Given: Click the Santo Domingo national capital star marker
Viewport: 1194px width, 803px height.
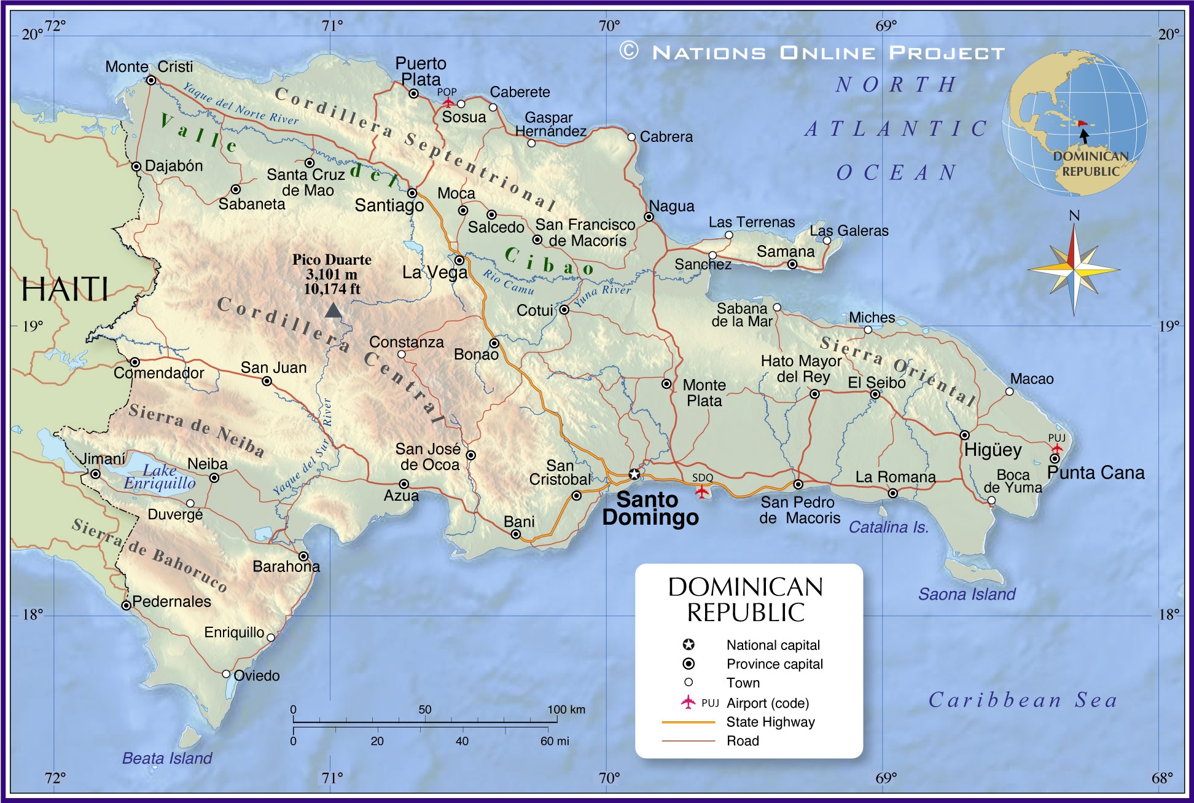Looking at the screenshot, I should click(634, 474).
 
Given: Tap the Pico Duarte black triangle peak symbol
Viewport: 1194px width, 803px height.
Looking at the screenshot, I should click(333, 310).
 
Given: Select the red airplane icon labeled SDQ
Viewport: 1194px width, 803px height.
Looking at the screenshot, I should click(701, 491).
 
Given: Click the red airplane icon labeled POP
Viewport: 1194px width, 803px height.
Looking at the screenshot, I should click(448, 102).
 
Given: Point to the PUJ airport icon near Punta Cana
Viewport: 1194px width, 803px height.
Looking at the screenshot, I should click(1056, 448).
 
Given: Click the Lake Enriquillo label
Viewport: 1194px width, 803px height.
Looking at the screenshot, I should click(160, 477).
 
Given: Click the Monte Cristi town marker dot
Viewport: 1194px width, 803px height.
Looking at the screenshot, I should click(151, 80).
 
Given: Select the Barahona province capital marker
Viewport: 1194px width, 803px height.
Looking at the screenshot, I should click(303, 556).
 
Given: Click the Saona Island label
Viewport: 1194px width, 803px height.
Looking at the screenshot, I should click(967, 594).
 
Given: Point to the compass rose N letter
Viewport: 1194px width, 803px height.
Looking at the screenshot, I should click(1074, 216).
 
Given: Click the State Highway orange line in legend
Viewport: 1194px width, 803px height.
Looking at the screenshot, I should click(688, 723).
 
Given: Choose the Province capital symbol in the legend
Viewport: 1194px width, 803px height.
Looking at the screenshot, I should click(689, 664).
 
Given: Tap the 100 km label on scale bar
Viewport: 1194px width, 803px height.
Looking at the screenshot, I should click(566, 710).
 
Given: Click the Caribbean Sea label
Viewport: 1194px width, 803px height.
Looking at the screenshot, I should click(1022, 700).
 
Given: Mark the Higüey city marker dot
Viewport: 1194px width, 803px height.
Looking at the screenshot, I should click(965, 435).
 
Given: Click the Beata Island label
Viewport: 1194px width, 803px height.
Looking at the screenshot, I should click(167, 758).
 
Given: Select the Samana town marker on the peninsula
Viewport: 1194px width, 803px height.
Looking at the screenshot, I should click(792, 264).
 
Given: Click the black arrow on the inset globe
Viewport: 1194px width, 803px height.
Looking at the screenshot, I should click(1085, 136).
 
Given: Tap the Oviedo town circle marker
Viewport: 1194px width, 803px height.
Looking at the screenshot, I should click(226, 674).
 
